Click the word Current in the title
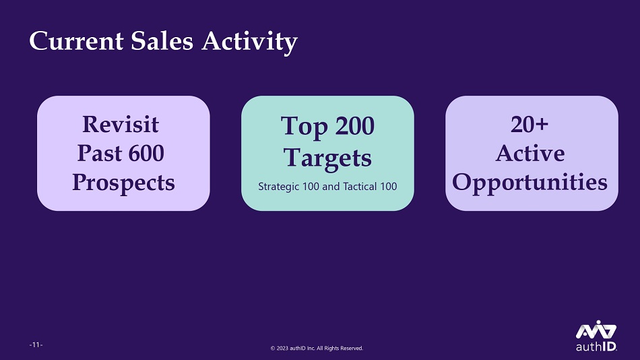[x=76, y=41]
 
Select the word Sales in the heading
[x=162, y=41]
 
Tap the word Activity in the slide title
[x=249, y=42]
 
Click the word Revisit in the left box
[x=121, y=124]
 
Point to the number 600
[x=146, y=153]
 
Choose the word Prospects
[x=124, y=183]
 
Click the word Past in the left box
[x=100, y=153]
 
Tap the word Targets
[x=327, y=158]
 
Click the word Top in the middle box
[x=304, y=127]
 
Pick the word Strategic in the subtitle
[x=279, y=187]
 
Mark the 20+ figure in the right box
[x=530, y=124]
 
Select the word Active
[x=530, y=153]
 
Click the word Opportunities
[x=530, y=183]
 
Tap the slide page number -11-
[x=36, y=344]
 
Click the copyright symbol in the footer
[x=273, y=349]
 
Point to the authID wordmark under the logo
[x=596, y=347]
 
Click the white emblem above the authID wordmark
[x=596, y=330]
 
